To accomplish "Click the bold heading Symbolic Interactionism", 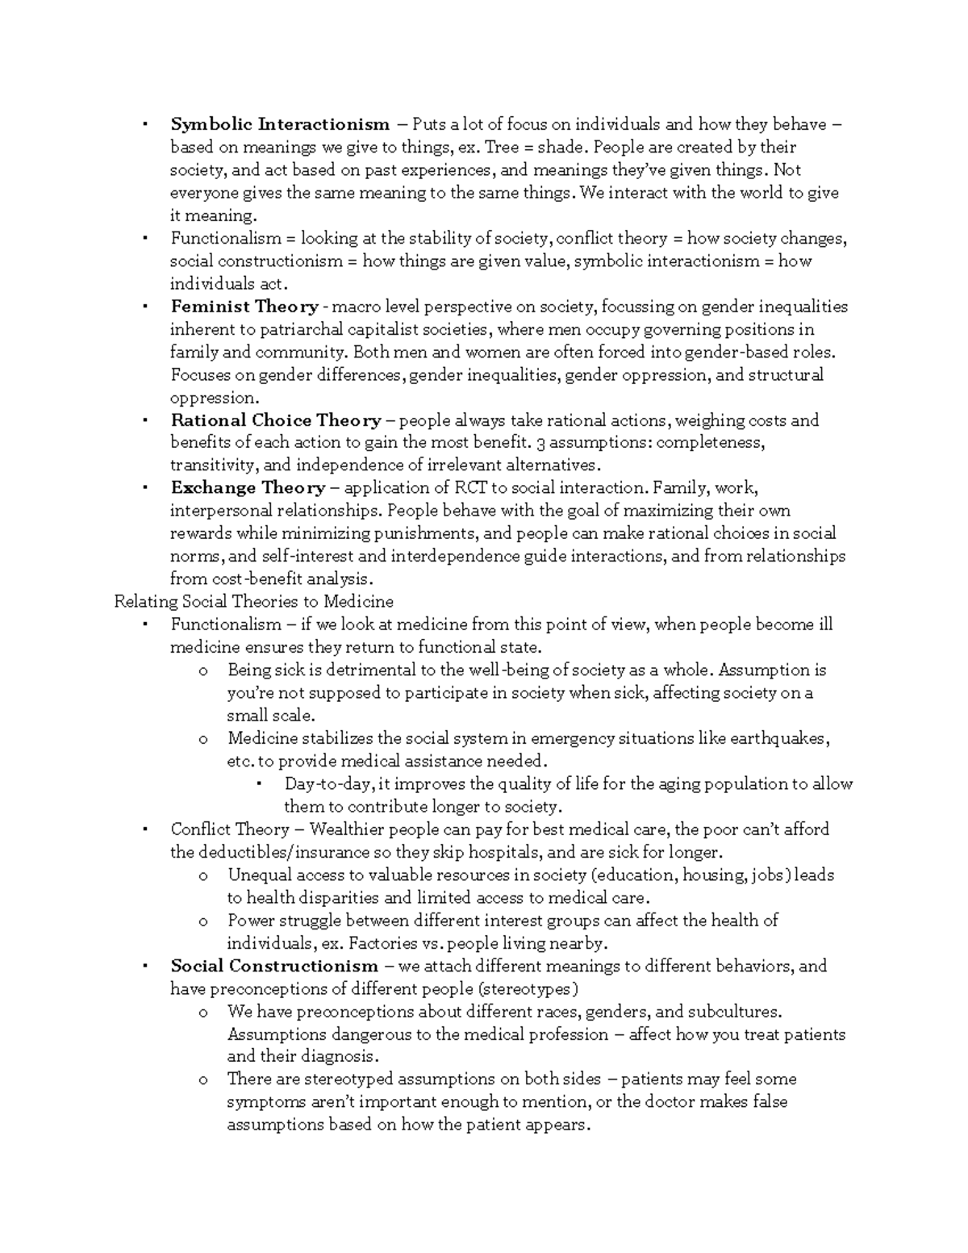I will pos(279,124).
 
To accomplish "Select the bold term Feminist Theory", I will pos(244,307).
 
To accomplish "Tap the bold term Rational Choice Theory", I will pos(276,420).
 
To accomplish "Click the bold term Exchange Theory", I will pos(248,488).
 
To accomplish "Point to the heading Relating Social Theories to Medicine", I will pos(253,602).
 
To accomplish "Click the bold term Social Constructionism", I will pos(273,967).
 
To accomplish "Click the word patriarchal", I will pos(278,329).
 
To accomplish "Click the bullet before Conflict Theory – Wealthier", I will pos(144,830).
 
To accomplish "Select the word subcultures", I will pos(734,1012).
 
